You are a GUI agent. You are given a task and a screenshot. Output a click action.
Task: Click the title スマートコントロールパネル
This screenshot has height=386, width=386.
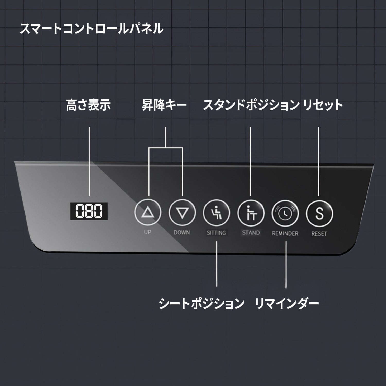click(91, 28)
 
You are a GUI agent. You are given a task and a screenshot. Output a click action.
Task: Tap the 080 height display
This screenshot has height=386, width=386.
click(89, 211)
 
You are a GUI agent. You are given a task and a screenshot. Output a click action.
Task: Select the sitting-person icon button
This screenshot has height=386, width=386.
click(216, 213)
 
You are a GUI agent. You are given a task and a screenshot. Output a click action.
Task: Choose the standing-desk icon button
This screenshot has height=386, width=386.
click(251, 213)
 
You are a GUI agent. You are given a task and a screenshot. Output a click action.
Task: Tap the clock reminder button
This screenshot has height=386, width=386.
click(285, 213)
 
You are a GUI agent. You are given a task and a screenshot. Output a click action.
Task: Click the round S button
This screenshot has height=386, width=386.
click(319, 213)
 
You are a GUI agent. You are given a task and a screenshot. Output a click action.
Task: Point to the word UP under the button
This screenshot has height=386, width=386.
click(147, 232)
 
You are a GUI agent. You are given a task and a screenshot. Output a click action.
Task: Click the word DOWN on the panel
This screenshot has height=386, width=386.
click(182, 232)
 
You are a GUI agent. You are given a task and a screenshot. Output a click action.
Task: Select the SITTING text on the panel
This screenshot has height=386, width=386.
click(216, 233)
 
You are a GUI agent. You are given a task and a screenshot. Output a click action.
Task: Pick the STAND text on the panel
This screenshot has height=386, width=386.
click(251, 233)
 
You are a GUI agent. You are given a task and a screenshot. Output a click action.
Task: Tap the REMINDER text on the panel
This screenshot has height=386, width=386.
click(285, 233)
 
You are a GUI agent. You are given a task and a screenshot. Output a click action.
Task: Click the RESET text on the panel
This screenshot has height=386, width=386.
click(319, 234)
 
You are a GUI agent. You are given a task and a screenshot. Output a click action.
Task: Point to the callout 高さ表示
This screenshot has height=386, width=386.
click(89, 105)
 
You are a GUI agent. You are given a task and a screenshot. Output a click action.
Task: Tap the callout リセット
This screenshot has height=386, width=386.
click(323, 105)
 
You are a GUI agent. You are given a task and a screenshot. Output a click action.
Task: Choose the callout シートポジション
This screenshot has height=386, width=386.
click(202, 303)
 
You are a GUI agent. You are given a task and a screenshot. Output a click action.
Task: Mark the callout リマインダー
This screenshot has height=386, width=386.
click(287, 303)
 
